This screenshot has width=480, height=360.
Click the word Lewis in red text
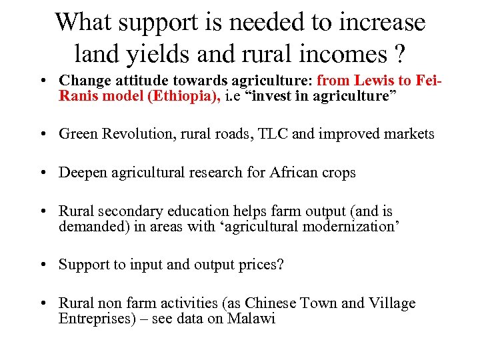point(373,80)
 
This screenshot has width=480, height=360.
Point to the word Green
point(79,134)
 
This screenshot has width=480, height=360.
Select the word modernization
point(343,227)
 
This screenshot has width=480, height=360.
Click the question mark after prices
point(280,265)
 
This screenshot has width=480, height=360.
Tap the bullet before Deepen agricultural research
point(43,173)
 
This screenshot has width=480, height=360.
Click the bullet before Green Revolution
point(43,135)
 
